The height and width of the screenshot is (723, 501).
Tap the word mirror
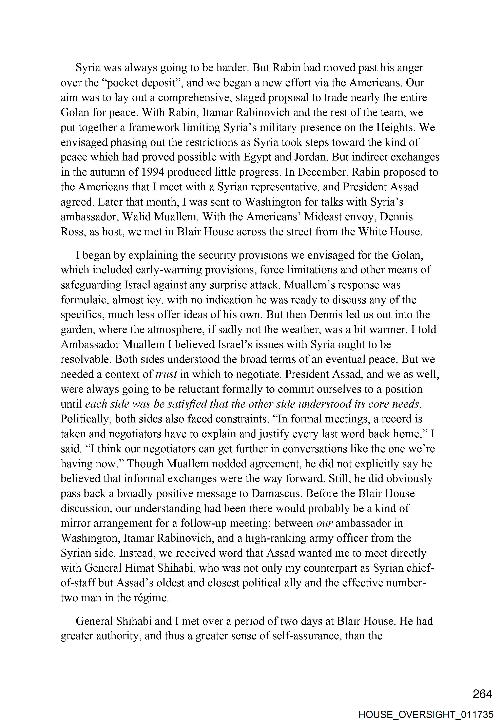[75, 523]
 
